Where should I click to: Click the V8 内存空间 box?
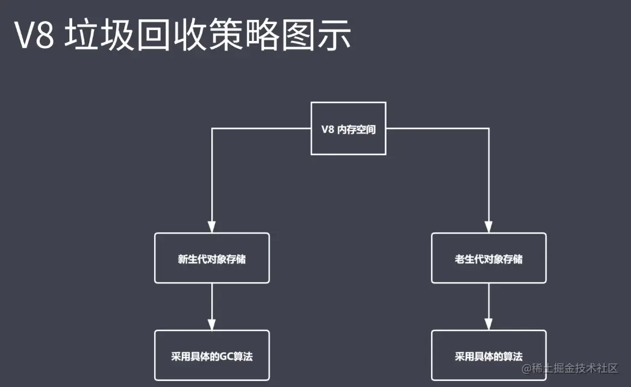tap(348, 129)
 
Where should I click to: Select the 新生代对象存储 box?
tap(212, 258)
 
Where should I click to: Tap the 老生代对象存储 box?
tap(488, 258)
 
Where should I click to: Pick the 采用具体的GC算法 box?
tap(212, 355)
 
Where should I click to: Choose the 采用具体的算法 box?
tap(488, 355)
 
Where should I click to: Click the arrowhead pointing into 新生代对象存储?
tap(212, 227)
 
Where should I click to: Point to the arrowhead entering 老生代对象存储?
tap(488, 227)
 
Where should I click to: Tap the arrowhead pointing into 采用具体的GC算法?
tap(212, 324)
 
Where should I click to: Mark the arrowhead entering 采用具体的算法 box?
tap(488, 324)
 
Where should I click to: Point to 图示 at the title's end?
tap(325, 37)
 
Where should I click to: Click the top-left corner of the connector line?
tap(212, 129)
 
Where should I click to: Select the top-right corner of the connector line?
tap(488, 129)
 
